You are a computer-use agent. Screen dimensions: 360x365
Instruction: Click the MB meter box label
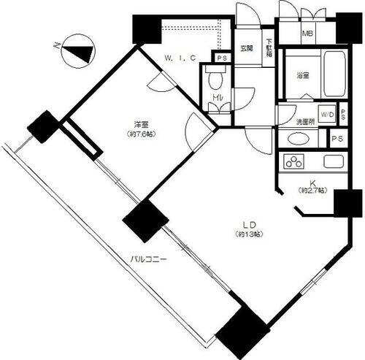coord(308,34)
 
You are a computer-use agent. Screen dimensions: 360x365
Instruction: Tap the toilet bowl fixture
coord(215,79)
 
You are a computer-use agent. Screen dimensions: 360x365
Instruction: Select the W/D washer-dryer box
coord(326,115)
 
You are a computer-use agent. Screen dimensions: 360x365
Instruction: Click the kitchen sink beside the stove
coord(333,161)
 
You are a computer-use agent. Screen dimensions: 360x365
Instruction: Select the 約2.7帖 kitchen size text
coord(310,191)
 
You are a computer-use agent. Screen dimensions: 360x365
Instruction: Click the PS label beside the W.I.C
coord(220,58)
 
